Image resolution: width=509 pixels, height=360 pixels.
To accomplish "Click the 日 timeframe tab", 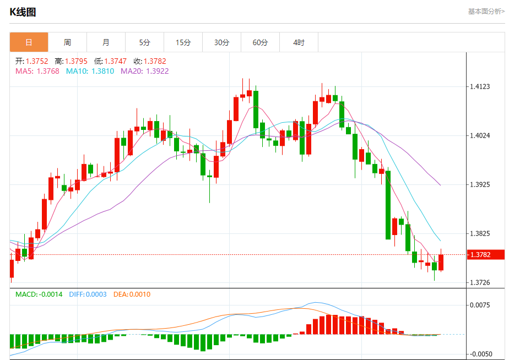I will click(29, 42).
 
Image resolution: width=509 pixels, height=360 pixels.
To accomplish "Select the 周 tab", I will click(67, 42).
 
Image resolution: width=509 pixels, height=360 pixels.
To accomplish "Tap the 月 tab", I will click(106, 42).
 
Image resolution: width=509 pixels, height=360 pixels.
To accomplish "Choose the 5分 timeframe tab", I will click(144, 42).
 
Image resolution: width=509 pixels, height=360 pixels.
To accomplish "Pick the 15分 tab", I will click(183, 42).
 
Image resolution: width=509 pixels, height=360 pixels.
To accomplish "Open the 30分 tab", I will click(221, 42).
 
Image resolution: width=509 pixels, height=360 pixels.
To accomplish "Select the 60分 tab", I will click(260, 42).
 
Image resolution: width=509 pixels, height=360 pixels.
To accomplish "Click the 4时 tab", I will click(299, 42).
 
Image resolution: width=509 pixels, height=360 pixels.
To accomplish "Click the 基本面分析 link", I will click(485, 11).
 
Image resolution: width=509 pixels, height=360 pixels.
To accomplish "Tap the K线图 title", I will click(23, 12).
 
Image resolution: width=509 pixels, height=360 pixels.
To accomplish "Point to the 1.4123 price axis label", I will click(480, 86).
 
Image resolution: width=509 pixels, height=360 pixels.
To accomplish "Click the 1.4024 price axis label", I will click(480, 135).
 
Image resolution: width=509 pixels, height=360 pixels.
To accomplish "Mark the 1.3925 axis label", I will click(480, 184).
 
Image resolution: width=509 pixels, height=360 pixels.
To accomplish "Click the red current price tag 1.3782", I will click(485, 254).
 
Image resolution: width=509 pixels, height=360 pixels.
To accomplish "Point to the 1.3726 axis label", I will click(480, 282).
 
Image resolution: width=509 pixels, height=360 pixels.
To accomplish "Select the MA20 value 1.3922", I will click(157, 71).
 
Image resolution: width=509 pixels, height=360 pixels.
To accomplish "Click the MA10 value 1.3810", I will click(102, 71).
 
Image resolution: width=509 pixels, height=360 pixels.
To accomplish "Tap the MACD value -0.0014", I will click(50, 294).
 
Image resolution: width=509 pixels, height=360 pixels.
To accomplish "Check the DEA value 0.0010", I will click(139, 294).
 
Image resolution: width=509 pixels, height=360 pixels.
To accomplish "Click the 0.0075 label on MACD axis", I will click(480, 305).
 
